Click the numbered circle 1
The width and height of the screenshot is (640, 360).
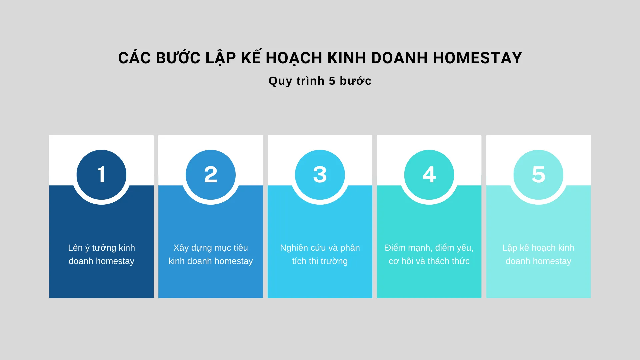101,175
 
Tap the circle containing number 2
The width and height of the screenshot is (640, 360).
211,175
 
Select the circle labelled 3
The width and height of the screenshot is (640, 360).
320,175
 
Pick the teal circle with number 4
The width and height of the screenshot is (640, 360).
429,175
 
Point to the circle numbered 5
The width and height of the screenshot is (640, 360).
538,175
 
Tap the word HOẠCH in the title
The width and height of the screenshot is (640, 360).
294,58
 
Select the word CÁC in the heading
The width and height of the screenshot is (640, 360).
134,58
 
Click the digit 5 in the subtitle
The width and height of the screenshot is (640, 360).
332,81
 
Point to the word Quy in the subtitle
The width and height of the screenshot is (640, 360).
280,81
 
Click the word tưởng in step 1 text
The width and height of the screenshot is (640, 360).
104,248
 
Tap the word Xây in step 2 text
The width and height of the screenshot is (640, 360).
181,248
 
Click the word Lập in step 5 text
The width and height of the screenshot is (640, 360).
510,248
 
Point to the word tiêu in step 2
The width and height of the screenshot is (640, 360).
240,248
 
